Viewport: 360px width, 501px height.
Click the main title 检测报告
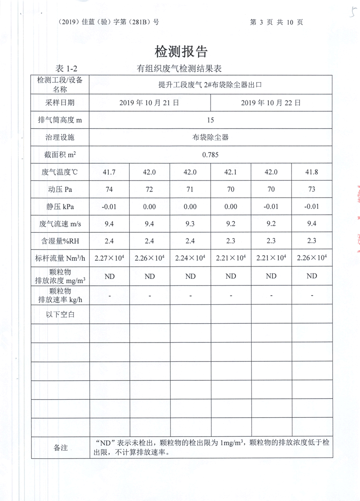[x=181, y=51]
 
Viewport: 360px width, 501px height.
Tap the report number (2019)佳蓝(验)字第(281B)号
[x=109, y=22]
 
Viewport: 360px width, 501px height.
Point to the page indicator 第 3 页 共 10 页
[x=283, y=22]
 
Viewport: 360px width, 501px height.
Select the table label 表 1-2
[x=66, y=69]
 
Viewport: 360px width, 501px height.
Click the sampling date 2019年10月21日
[x=149, y=103]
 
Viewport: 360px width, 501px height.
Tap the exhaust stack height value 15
[x=210, y=120]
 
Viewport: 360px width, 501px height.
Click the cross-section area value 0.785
[x=210, y=155]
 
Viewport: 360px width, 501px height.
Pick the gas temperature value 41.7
[x=109, y=172]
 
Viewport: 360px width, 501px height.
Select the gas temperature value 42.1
[x=230, y=172]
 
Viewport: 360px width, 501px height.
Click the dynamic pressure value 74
[x=109, y=190]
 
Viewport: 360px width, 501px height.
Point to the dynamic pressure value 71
[x=190, y=190]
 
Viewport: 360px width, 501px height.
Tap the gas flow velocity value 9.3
[x=190, y=224]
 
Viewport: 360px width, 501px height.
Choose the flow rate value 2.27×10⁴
[x=109, y=258]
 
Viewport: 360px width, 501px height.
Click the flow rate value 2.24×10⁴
[x=190, y=258]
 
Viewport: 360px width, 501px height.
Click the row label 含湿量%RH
[x=60, y=241]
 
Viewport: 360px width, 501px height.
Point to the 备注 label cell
[x=60, y=447]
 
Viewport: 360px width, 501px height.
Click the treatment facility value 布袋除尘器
[x=210, y=137]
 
